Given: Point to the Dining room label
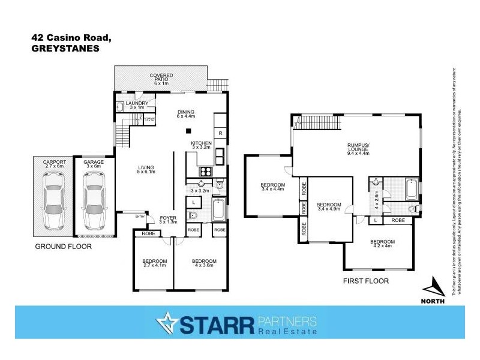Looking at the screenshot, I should tap(187, 114).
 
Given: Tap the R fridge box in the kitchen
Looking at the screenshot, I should tap(221, 133).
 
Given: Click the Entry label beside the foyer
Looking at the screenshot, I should tap(140, 217).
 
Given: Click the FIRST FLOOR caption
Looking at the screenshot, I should tap(365, 280).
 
